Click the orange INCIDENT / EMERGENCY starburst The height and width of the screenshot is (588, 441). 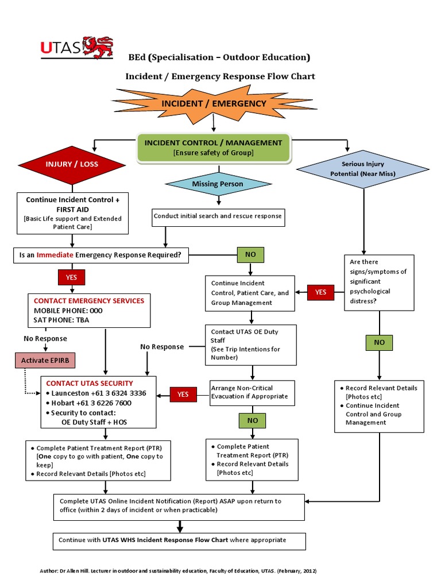tap(214, 104)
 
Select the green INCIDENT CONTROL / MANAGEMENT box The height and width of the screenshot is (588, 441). tap(213, 148)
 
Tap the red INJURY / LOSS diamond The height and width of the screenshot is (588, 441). tap(72, 164)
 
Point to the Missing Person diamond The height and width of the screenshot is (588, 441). tap(218, 184)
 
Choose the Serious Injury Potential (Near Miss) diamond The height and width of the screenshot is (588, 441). tap(363, 169)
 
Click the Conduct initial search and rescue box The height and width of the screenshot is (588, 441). tap(218, 216)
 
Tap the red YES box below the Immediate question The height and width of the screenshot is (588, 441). tap(71, 277)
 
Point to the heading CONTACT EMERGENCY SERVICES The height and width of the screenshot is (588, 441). tap(89, 301)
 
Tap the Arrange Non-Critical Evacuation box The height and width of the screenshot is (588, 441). tap(252, 392)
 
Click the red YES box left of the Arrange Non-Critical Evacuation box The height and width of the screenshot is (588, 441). tap(183, 394)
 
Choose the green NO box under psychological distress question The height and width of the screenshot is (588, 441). tap(379, 342)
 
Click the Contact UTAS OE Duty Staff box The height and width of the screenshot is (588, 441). tap(251, 345)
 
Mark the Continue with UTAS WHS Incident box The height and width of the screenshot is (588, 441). tap(179, 541)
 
